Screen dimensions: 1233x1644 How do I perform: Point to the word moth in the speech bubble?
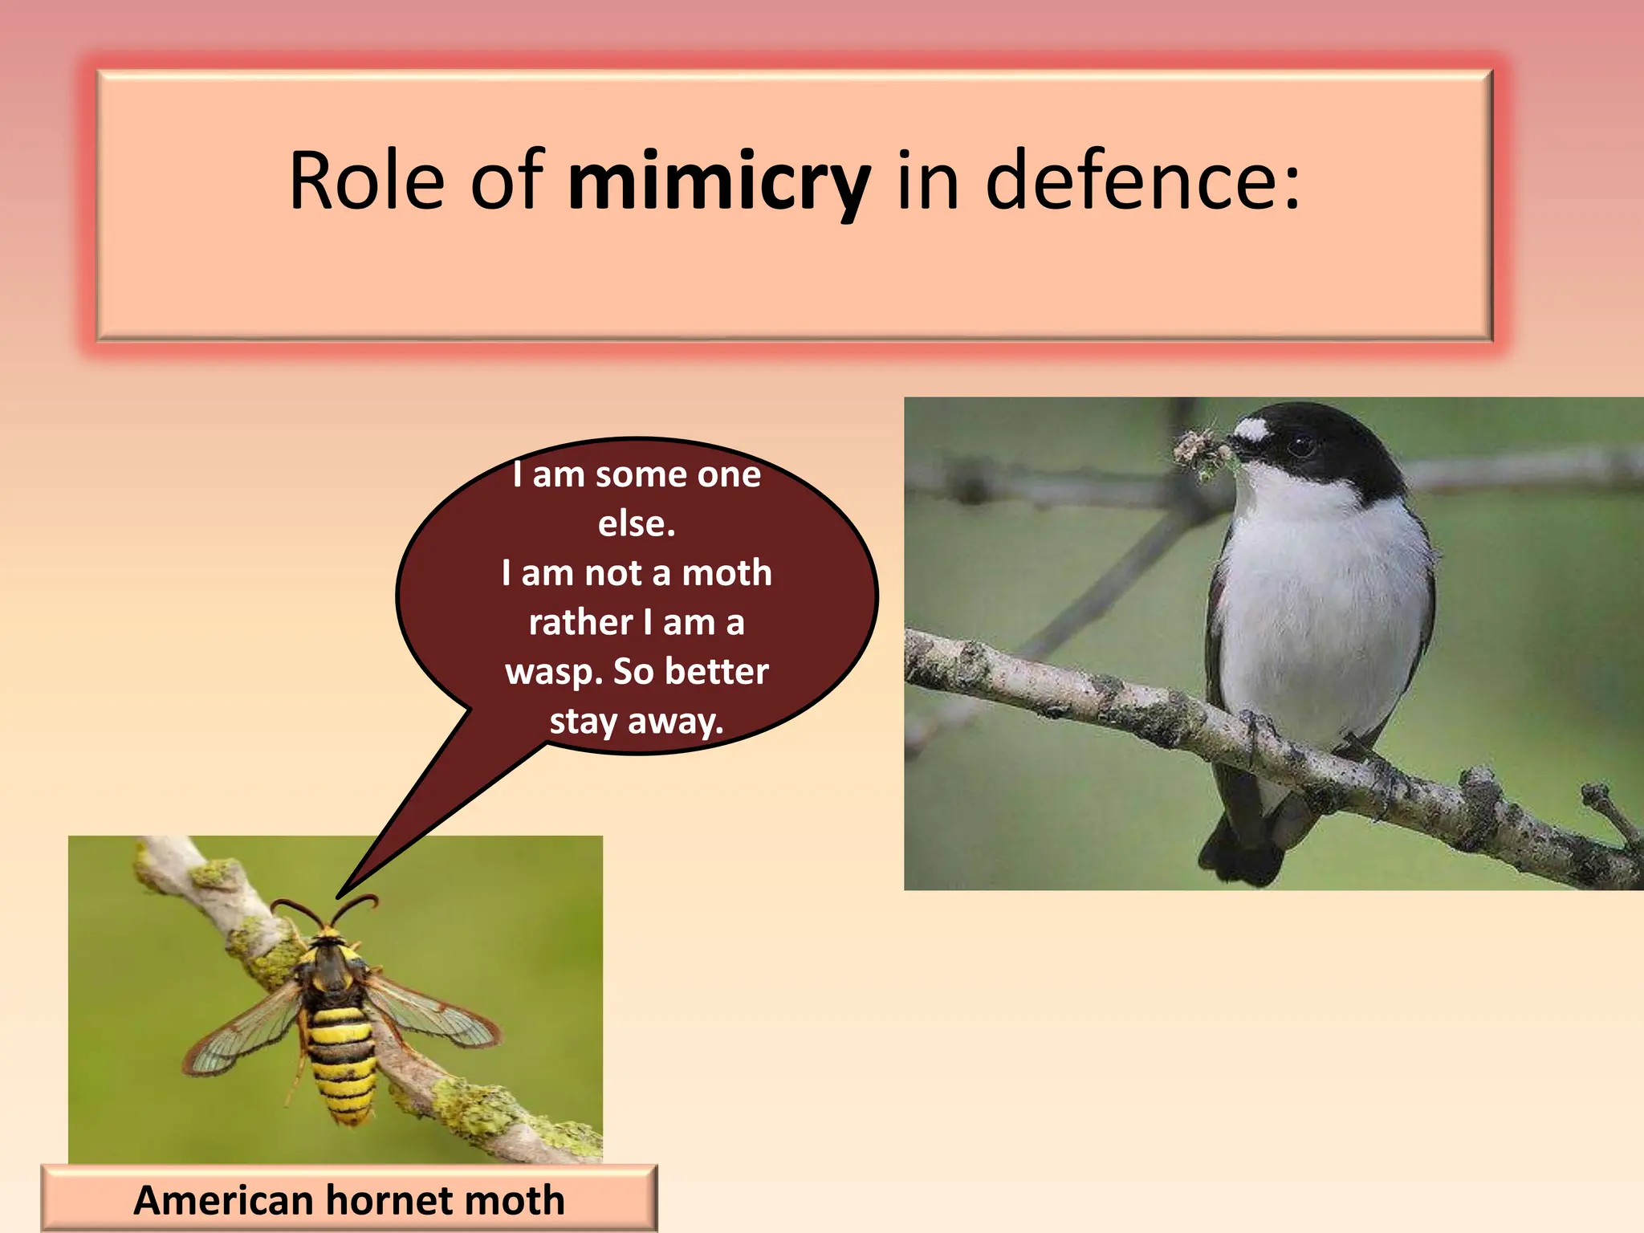coord(726,573)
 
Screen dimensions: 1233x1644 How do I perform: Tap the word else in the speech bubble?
coord(635,523)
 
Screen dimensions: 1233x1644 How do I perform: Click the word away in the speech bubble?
coord(674,722)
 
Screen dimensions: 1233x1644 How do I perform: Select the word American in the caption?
coord(223,1200)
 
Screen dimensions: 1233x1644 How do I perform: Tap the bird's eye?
coord(1301,446)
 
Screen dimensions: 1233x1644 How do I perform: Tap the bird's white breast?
coord(1316,610)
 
